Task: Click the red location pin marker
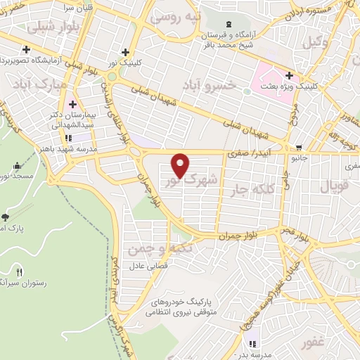(x=181, y=165)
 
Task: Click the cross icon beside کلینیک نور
(x=125, y=51)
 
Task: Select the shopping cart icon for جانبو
(x=300, y=148)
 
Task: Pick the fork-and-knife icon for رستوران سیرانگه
(x=20, y=271)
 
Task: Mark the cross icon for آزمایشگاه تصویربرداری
(x=26, y=50)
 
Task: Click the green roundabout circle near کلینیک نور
(x=111, y=76)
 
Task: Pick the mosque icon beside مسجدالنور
(x=17, y=166)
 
